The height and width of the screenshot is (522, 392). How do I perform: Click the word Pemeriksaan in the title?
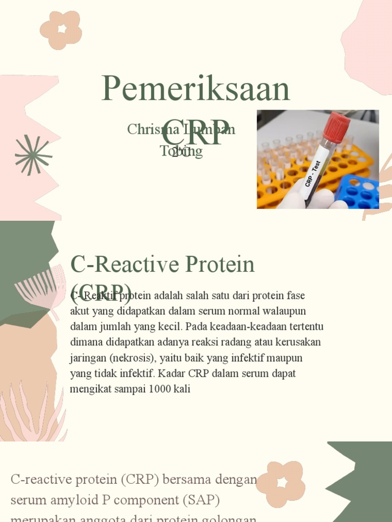196,89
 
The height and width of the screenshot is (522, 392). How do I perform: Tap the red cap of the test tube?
336,127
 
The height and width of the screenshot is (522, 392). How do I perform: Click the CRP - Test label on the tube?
313,174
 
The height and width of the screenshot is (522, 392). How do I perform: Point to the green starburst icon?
33,155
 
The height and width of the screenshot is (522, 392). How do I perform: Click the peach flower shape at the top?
61,30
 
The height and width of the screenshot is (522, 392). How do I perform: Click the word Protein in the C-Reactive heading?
220,265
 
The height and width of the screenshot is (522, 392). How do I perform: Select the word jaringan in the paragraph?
88,358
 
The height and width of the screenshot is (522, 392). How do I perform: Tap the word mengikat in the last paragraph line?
90,389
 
